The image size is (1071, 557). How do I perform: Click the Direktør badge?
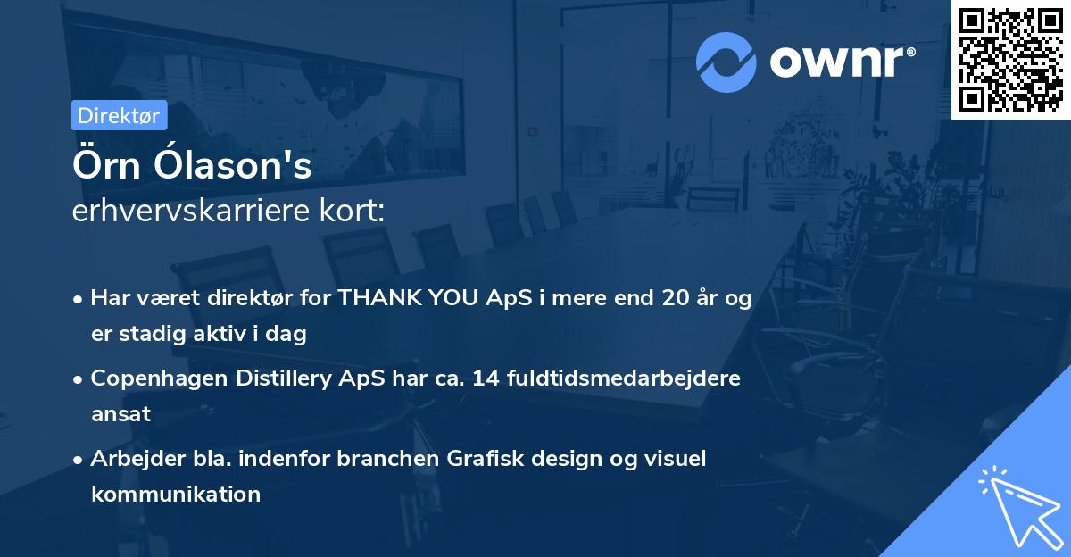point(119,115)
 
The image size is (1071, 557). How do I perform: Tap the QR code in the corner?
point(1011,59)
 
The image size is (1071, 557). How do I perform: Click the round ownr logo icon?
point(726,62)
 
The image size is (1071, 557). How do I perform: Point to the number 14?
point(486,378)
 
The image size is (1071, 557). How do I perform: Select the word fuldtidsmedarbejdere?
point(625,378)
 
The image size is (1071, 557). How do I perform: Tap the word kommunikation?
point(176,494)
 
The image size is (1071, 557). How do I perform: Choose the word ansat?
point(120,414)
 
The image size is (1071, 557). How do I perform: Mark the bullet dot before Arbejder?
point(79,459)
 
